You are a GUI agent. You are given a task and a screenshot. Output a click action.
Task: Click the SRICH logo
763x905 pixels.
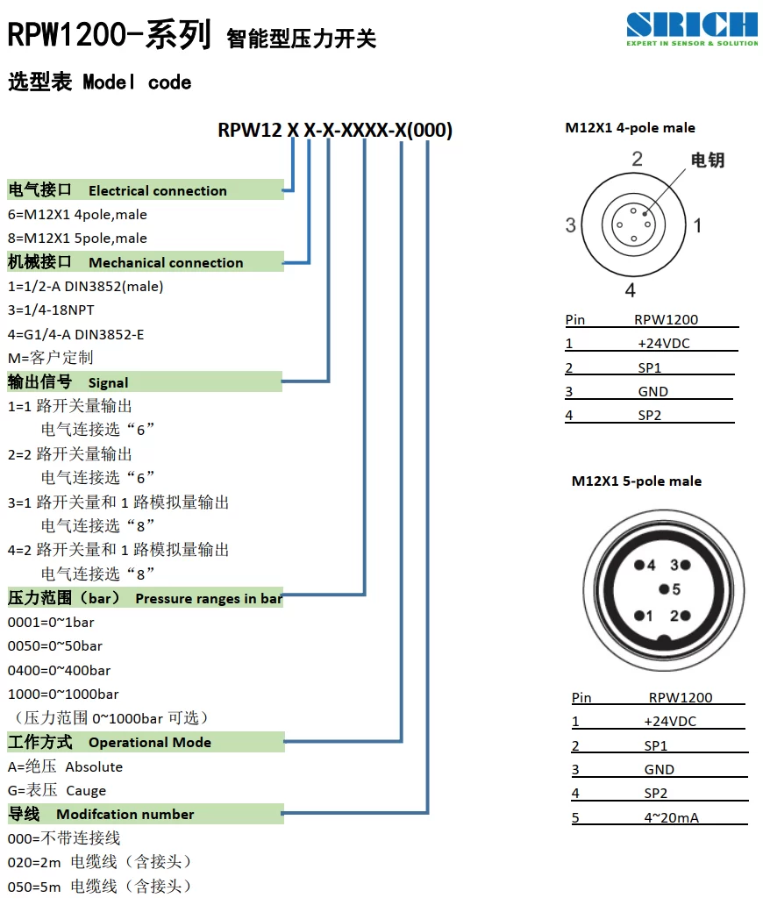(x=692, y=29)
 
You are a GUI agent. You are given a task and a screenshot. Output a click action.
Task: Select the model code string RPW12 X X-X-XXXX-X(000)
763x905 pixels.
(x=335, y=130)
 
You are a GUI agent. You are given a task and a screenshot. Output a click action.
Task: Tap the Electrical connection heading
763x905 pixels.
(x=157, y=190)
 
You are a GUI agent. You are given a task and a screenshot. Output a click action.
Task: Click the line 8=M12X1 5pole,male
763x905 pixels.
(x=77, y=238)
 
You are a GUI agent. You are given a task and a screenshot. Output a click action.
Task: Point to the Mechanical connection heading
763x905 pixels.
(x=166, y=262)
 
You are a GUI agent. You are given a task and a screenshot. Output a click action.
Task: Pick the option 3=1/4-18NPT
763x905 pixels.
(x=51, y=310)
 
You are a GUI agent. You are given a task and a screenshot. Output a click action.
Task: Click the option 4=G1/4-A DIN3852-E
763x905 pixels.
(x=75, y=334)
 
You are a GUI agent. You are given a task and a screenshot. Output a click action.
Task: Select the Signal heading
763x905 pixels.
(x=108, y=382)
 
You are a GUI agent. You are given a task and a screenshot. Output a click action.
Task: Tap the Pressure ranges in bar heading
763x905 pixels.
(x=209, y=599)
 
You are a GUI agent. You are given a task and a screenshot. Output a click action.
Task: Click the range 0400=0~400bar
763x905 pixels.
(x=59, y=670)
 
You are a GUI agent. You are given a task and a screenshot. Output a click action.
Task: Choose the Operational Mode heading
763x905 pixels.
(x=149, y=742)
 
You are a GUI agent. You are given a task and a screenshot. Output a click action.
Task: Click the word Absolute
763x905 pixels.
(x=94, y=767)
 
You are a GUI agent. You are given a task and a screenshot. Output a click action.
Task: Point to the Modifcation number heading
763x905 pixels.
(x=125, y=815)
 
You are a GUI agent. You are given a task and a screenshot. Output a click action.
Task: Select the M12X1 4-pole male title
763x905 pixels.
(x=630, y=127)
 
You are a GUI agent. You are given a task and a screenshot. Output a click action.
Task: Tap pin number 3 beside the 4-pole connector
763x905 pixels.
(x=571, y=224)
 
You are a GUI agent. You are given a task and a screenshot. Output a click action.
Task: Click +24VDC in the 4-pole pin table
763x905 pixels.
(x=664, y=344)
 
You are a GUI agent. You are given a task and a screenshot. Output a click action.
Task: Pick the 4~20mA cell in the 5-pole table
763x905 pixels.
(x=671, y=818)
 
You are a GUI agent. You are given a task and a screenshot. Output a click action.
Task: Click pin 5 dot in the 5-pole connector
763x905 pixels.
(x=664, y=589)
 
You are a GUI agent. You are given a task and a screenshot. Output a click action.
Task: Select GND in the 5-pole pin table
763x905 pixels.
(x=660, y=769)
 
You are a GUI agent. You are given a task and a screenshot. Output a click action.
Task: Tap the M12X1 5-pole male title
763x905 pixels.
(x=637, y=481)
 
